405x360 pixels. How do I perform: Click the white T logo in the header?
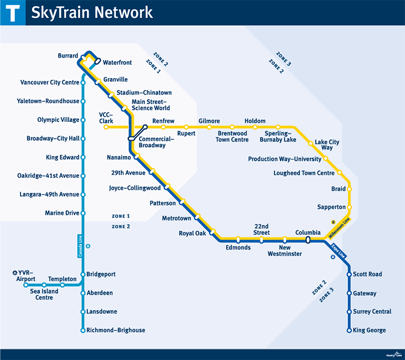coord(12,12)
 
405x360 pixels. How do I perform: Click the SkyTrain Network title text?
coord(92,12)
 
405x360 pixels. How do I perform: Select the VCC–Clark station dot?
coord(106,127)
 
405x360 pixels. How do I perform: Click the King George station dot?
coord(349,331)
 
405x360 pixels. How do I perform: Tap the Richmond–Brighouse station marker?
coord(83,331)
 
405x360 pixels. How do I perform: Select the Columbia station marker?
coord(307,240)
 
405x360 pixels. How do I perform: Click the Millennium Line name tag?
coord(340,228)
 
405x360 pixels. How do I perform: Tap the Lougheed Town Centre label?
coord(304,173)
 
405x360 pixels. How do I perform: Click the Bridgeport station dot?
coord(83,275)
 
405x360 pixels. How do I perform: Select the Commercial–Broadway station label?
coord(152,142)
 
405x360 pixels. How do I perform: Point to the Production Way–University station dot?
coord(325,159)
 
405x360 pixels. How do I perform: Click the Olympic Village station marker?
coord(83,120)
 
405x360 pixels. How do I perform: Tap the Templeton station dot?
coord(62,285)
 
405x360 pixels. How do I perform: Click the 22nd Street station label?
coord(261,229)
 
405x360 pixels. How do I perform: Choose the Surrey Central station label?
coord(372,312)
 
